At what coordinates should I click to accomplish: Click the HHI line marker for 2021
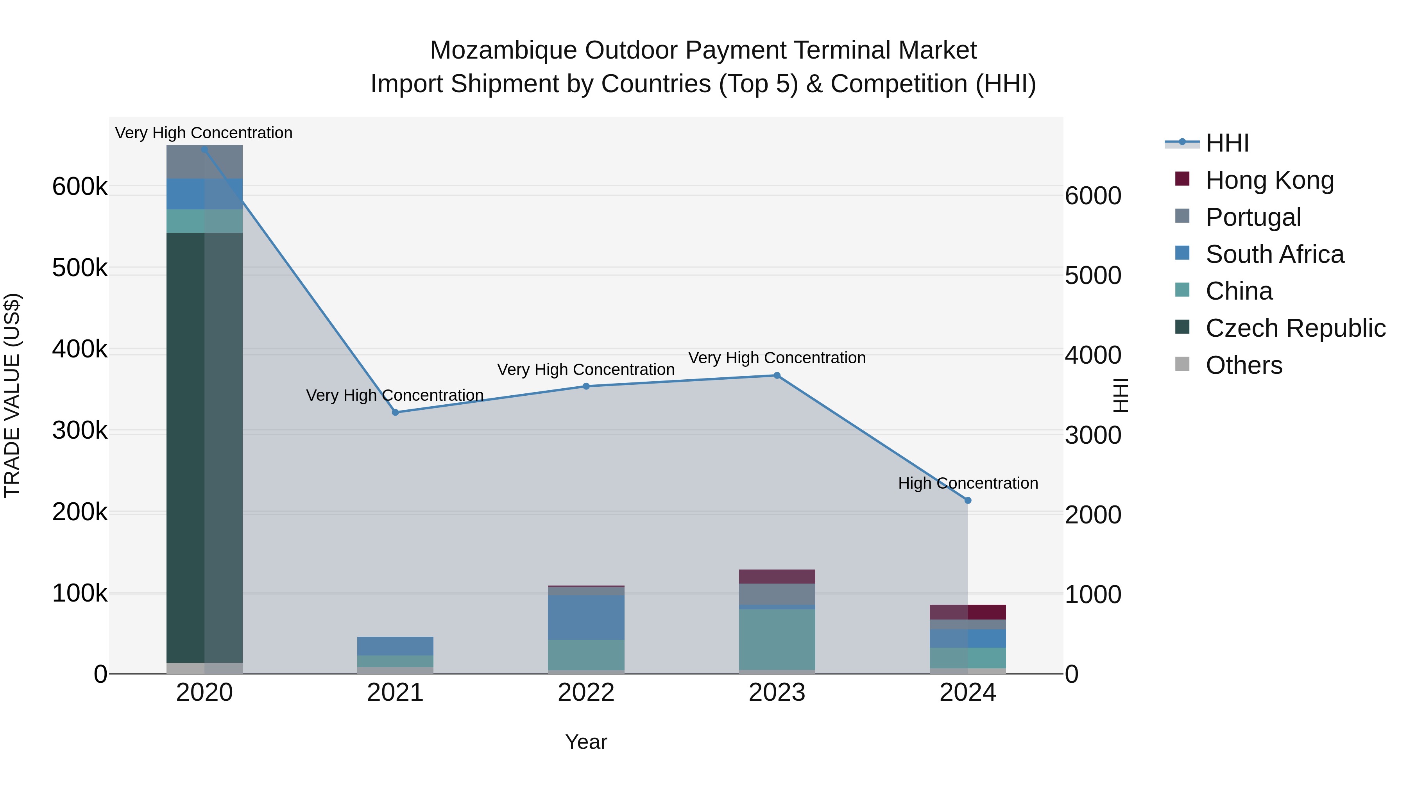point(396,412)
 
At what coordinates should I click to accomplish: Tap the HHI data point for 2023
point(777,375)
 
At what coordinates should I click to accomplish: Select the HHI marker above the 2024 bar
point(968,500)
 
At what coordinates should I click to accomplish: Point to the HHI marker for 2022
point(586,386)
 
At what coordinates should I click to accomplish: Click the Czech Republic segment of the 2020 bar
point(204,448)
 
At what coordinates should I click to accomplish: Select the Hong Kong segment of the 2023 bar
point(777,577)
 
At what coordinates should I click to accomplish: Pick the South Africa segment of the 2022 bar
point(586,618)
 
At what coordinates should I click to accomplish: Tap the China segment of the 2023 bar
point(777,639)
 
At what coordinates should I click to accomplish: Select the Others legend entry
point(1244,365)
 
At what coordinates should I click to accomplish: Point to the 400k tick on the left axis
point(80,349)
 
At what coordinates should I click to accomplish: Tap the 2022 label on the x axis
point(586,693)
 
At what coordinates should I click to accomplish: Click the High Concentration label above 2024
point(968,483)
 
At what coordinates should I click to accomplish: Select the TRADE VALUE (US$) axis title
point(12,395)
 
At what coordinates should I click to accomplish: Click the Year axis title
point(586,742)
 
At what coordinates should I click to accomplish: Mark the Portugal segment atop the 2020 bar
point(204,162)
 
